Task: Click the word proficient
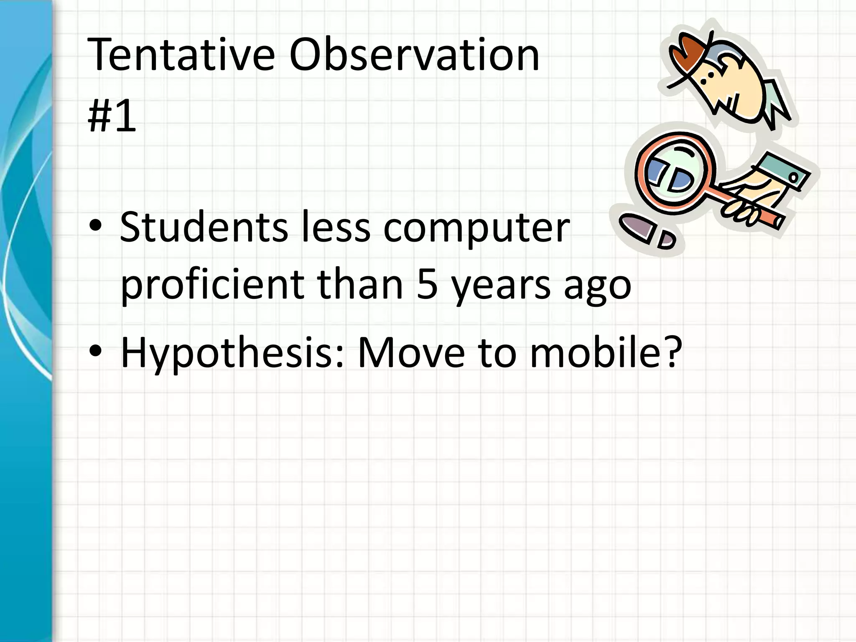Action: tap(212, 285)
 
